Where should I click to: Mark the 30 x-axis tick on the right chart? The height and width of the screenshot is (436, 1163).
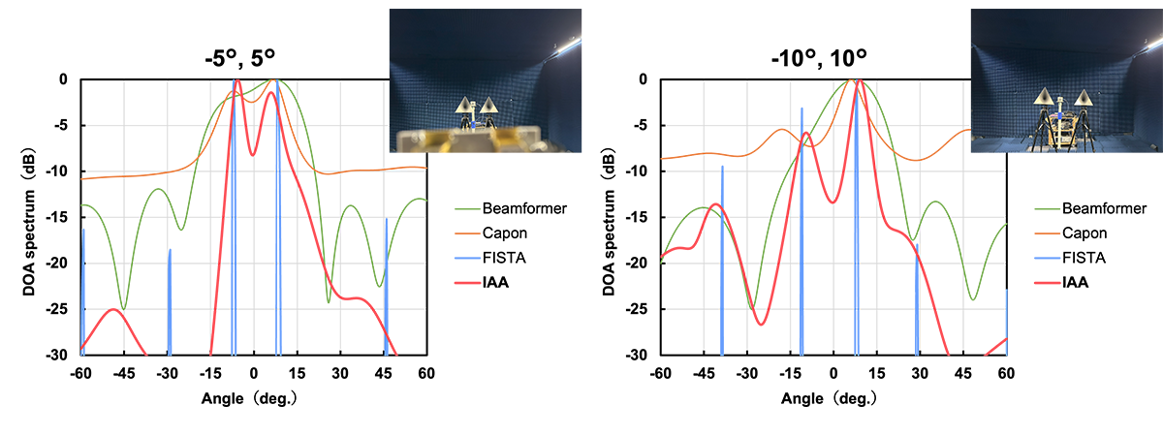point(920,373)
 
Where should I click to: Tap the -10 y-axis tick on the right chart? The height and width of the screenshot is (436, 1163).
point(639,171)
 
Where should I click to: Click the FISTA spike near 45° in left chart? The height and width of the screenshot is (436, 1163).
point(386,281)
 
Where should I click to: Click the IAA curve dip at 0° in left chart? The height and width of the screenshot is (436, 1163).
point(252,154)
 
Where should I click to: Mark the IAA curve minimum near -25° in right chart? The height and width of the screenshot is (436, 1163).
point(761,324)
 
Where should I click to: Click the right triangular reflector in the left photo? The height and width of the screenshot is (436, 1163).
point(490,106)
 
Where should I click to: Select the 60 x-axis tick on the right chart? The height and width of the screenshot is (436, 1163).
point(1006,373)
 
